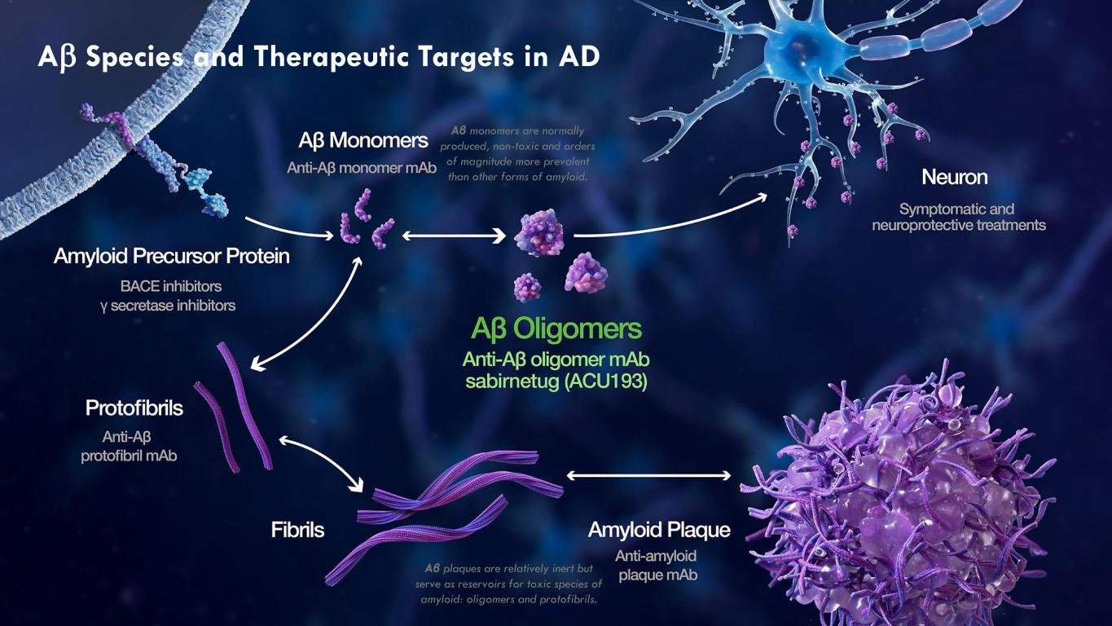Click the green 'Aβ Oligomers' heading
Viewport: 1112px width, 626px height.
click(x=556, y=329)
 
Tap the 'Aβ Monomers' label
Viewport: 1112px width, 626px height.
click(x=363, y=140)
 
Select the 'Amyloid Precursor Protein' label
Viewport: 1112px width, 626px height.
click(x=172, y=257)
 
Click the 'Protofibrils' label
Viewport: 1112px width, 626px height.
click(x=134, y=408)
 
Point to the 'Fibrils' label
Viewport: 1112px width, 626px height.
click(x=297, y=530)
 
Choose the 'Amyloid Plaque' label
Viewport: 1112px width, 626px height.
click(x=659, y=530)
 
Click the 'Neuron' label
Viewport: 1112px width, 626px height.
click(x=955, y=178)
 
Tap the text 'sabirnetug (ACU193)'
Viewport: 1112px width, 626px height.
click(x=556, y=381)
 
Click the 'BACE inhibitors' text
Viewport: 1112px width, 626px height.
click(x=171, y=286)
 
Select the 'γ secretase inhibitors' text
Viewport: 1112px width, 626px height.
click(x=168, y=306)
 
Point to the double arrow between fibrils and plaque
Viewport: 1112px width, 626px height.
click(x=648, y=475)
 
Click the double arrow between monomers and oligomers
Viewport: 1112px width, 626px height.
click(x=454, y=236)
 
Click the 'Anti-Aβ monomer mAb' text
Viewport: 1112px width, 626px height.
click(x=362, y=168)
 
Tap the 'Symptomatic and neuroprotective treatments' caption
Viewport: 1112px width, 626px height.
click(x=959, y=217)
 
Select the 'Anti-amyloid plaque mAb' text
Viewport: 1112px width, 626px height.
click(x=657, y=566)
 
